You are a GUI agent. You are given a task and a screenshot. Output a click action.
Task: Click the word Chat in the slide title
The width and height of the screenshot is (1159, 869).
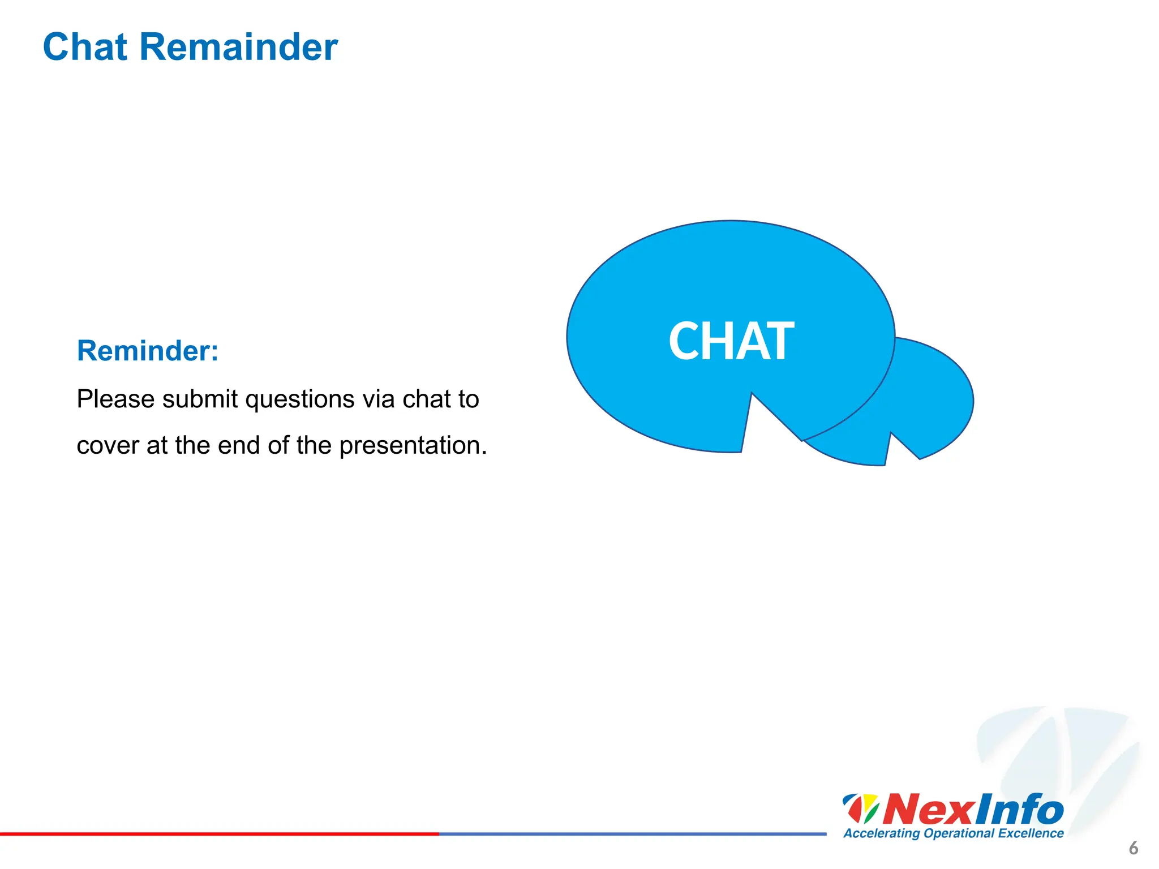[x=85, y=47]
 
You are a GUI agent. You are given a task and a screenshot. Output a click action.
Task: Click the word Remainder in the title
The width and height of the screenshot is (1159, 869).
[x=238, y=47]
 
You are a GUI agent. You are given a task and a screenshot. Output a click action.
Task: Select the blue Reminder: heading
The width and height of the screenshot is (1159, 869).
[x=148, y=351]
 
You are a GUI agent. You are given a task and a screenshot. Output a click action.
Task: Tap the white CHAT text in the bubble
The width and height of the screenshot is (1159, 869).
[x=731, y=341]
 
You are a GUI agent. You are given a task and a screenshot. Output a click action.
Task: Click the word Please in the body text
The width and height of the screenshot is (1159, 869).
[x=115, y=400]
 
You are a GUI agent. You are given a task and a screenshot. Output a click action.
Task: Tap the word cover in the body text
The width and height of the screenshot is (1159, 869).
[x=108, y=446]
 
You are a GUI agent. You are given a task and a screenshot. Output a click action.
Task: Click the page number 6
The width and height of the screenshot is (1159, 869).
[x=1133, y=848]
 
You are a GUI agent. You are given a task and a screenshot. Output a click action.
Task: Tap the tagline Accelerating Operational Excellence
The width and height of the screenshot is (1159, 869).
[x=953, y=833]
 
